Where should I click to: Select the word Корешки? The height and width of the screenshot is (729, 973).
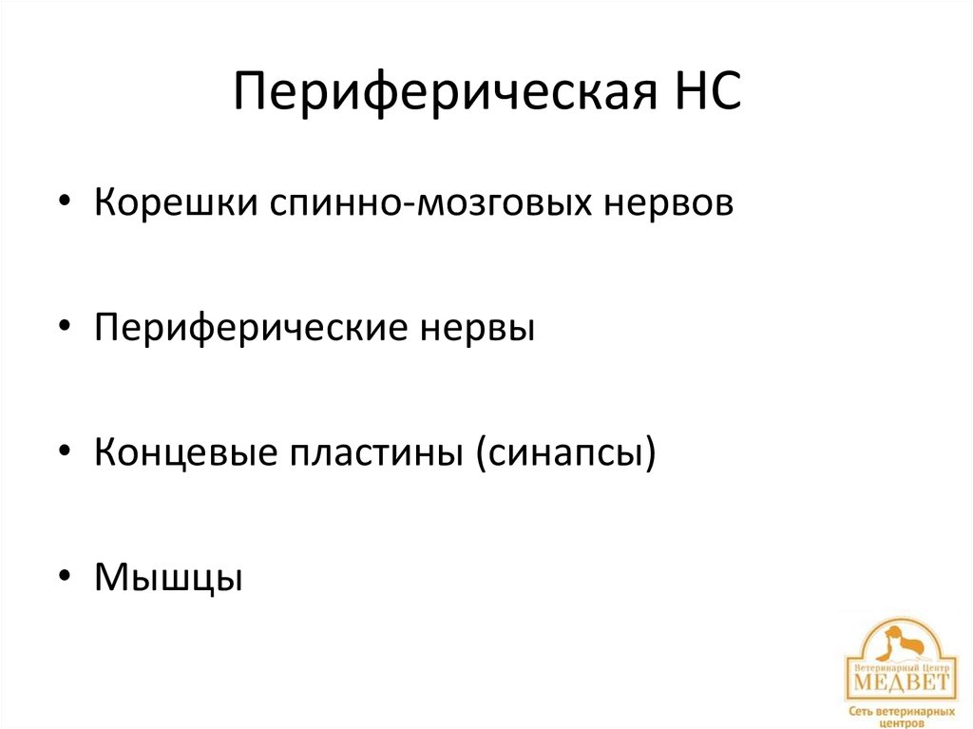tap(167, 203)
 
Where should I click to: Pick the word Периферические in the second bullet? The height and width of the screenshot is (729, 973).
tap(250, 329)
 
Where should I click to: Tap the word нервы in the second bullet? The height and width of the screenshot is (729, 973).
tap(476, 329)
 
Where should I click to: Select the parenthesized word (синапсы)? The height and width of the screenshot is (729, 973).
tap(567, 453)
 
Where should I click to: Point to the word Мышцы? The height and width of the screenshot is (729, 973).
tap(168, 577)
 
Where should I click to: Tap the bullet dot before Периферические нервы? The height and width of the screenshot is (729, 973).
tap(65, 329)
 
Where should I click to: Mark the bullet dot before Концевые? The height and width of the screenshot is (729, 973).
tap(65, 453)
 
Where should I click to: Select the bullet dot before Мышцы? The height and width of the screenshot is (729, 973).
tap(65, 577)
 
